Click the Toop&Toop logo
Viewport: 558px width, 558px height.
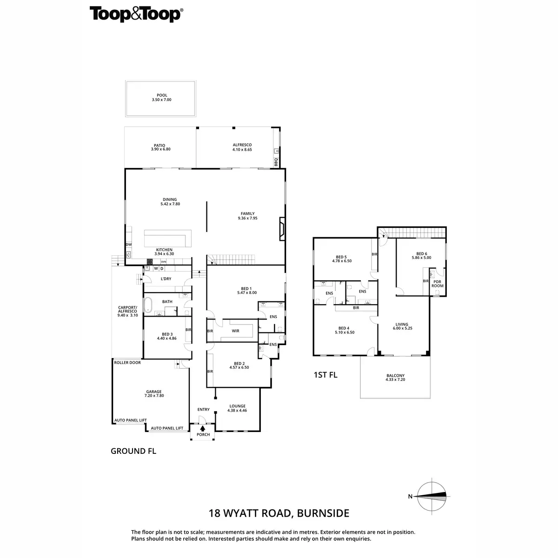[135, 14]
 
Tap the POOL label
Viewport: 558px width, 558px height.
[161, 95]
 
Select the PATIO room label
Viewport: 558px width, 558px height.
[161, 145]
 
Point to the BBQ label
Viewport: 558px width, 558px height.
[276, 162]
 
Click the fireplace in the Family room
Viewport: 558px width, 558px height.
[282, 229]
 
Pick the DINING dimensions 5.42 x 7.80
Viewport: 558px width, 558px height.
[170, 204]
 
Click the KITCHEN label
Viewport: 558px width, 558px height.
[164, 250]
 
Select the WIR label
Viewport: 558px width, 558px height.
[235, 331]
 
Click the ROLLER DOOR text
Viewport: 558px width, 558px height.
[127, 363]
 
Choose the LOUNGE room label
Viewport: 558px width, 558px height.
[237, 406]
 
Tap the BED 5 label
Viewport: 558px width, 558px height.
[341, 257]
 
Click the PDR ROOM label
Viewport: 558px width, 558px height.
[437, 283]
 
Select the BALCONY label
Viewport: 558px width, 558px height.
[395, 376]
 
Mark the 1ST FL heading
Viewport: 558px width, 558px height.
[325, 375]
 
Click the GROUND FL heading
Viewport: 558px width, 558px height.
[133, 451]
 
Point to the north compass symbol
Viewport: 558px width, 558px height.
[432, 496]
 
